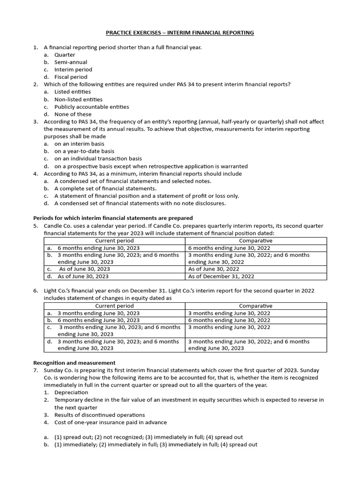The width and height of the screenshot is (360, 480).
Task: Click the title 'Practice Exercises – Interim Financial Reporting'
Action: tap(180, 33)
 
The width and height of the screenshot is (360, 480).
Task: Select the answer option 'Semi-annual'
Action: tap(71, 62)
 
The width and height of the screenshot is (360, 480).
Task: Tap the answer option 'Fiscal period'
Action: tap(71, 77)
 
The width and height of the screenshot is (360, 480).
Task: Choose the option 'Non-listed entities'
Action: tap(78, 99)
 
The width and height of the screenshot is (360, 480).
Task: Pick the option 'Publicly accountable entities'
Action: tap(91, 107)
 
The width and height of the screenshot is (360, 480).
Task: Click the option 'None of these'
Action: tap(73, 114)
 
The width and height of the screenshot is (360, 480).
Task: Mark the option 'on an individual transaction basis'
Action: tap(98, 159)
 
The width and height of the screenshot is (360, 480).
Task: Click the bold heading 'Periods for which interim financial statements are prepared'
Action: tap(113, 218)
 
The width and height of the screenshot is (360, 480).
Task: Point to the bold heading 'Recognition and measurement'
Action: tap(74, 363)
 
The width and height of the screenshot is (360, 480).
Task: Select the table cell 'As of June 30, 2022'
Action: tap(214, 269)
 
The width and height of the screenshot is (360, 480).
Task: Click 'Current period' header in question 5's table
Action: tap(114, 240)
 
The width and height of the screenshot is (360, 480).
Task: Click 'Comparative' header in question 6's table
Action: tap(255, 306)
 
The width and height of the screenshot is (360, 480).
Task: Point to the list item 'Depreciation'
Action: tap(71, 392)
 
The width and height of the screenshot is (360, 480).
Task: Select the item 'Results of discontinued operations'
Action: tap(99, 415)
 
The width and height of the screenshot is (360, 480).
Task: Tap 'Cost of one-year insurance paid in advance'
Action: tap(111, 422)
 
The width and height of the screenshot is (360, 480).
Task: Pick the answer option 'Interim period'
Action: tap(73, 70)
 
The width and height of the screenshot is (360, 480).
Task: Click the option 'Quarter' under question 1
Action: tap(65, 55)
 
